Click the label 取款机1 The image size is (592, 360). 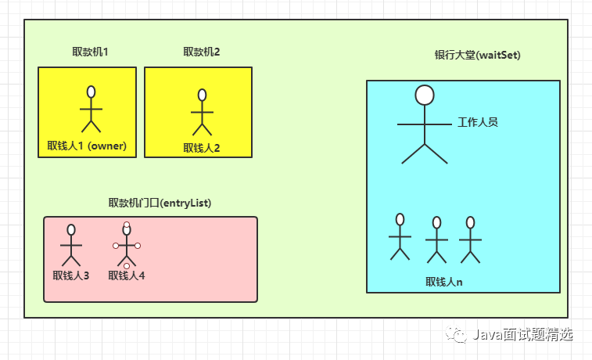tap(89, 52)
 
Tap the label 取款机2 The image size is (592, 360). tap(201, 52)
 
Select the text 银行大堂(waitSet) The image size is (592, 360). tap(477, 56)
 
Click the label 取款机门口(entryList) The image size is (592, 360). tap(160, 203)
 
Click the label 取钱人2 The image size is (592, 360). tap(202, 147)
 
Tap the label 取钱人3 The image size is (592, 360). tap(71, 275)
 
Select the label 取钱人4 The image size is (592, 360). tap(127, 275)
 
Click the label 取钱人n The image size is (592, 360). tap(444, 282)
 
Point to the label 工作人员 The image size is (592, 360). tap(477, 122)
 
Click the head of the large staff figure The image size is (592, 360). tap(425, 95)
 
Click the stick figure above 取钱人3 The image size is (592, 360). tap(71, 245)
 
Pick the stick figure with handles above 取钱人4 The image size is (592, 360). tap(127, 245)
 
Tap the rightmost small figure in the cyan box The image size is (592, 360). tap(470, 239)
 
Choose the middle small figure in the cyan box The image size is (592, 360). tap(436, 239)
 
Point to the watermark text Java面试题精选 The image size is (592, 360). tap(523, 335)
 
